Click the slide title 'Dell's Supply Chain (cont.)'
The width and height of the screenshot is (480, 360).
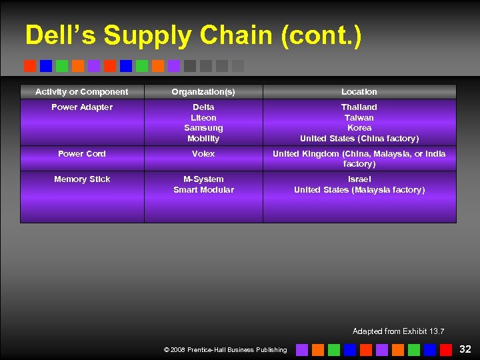[x=193, y=35]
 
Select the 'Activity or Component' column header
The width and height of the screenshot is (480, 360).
[x=82, y=92]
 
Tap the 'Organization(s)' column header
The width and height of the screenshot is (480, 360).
[x=203, y=92]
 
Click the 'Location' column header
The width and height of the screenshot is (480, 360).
[x=359, y=92]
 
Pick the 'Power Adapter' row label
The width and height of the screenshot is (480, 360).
[x=82, y=107]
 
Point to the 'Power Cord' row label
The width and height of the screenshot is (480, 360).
[x=82, y=154]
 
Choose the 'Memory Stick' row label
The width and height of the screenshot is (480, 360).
[x=82, y=179]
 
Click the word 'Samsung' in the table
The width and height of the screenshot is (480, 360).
[x=203, y=128]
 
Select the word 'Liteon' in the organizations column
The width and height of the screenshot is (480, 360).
[x=203, y=118]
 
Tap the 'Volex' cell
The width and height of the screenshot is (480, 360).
[x=203, y=154]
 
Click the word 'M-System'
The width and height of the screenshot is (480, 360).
[x=203, y=179]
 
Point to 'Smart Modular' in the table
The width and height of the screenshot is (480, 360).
[x=203, y=190]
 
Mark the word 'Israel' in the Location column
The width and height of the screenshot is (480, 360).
[x=359, y=179]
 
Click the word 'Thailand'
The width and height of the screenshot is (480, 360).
[x=359, y=107]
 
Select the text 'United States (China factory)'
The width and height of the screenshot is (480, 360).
[x=359, y=139]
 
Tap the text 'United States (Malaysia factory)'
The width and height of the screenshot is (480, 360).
[x=359, y=190]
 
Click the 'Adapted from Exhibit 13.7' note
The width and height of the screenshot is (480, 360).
[x=398, y=331]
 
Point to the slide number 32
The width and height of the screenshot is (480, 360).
[x=465, y=349]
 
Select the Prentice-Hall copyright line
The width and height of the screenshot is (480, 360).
[x=225, y=349]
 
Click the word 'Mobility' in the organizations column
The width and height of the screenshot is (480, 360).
[x=203, y=139]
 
